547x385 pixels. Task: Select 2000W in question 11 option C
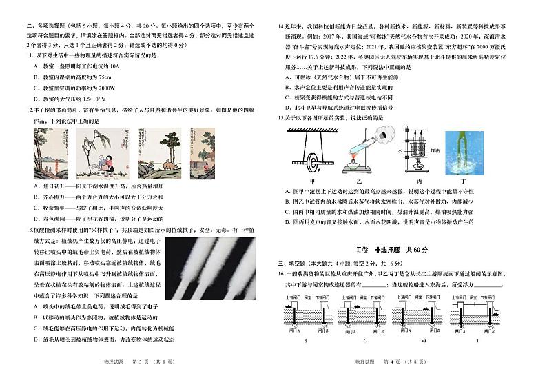(x=103, y=88)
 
